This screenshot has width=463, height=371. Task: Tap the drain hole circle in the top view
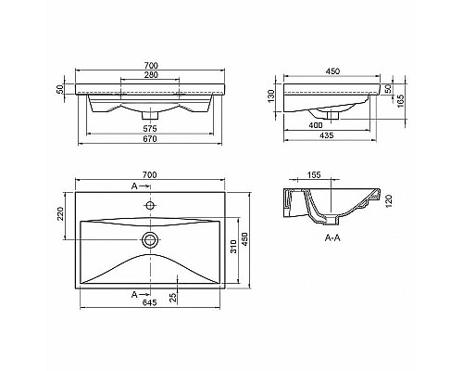(149, 239)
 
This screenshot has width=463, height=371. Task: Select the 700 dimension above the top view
(149, 175)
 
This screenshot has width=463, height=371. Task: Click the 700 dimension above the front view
(150, 65)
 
